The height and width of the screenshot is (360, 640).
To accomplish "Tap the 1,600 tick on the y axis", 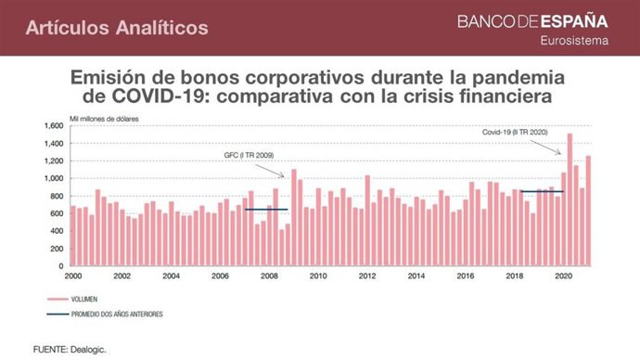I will coord(52,125).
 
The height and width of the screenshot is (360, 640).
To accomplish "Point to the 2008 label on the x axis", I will coord(269,276).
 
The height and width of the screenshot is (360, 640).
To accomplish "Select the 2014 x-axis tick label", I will coord(416,276).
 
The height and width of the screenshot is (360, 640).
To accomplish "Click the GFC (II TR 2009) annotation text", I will coord(249,155).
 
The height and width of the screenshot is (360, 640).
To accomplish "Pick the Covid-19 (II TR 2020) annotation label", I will coord(516,133).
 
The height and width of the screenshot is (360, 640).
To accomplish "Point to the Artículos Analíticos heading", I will coord(117,28).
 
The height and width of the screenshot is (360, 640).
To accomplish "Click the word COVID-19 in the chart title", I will coord(153,96).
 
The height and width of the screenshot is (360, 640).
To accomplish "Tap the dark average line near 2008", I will coord(266,210).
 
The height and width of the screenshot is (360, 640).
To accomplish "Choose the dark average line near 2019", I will coord(541,192).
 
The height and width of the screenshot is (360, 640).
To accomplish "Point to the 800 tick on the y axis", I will coord(55,196).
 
